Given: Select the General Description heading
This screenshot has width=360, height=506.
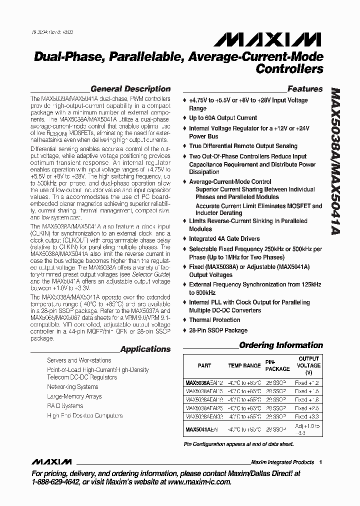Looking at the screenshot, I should (130, 89).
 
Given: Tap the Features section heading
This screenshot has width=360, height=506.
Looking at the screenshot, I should (305, 89).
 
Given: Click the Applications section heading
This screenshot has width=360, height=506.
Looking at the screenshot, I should (145, 349).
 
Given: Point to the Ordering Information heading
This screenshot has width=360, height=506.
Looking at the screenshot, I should (281, 345).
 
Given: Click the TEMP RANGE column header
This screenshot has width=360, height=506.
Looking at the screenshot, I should (244, 365).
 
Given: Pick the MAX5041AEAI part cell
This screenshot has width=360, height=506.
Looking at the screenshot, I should (202, 429).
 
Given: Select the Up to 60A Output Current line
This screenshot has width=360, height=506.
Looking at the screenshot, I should (223, 118).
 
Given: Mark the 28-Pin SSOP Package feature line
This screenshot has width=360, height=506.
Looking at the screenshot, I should (218, 330).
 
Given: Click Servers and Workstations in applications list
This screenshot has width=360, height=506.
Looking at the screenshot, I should (79, 360).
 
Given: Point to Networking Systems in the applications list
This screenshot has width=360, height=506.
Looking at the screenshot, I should (72, 387).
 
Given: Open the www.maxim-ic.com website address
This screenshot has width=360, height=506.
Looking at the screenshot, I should (199, 482).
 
